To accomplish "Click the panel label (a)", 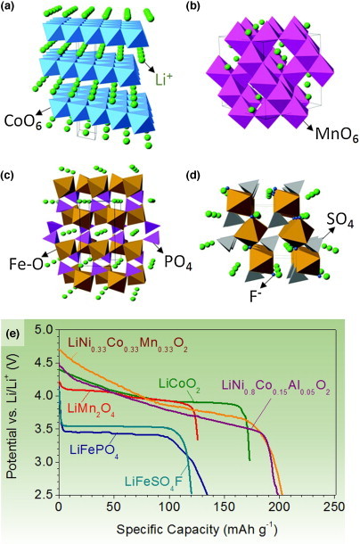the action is pyautogui.click(x=8, y=6).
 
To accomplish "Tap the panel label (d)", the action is pyautogui.click(x=192, y=176).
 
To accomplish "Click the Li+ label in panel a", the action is pyautogui.click(x=162, y=80).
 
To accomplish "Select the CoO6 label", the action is pyautogui.click(x=23, y=121).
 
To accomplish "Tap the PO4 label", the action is pyautogui.click(x=178, y=262).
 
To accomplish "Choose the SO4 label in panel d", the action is pyautogui.click(x=340, y=221).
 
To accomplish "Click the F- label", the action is pyautogui.click(x=255, y=297).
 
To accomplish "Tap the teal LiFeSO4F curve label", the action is pyautogui.click(x=153, y=481).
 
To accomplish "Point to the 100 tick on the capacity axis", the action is pyautogui.click(x=169, y=507).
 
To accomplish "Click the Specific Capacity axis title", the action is pyautogui.click(x=197, y=529).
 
